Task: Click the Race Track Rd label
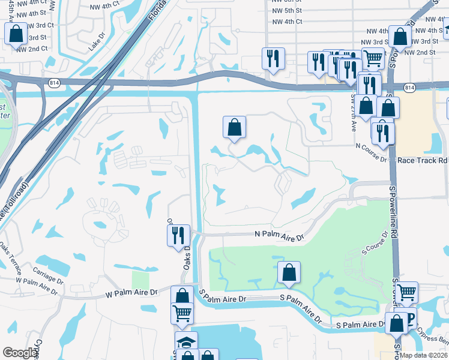(423, 160)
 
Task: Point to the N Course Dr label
(372, 146)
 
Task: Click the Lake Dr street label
(96, 42)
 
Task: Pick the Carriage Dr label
(48, 275)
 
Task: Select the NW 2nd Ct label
(32, 49)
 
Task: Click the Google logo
(20, 353)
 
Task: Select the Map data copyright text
(423, 355)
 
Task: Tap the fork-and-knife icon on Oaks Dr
(178, 235)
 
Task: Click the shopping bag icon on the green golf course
(289, 272)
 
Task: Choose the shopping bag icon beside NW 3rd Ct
(16, 34)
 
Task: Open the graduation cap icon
(186, 343)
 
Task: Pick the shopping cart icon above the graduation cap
(182, 313)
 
